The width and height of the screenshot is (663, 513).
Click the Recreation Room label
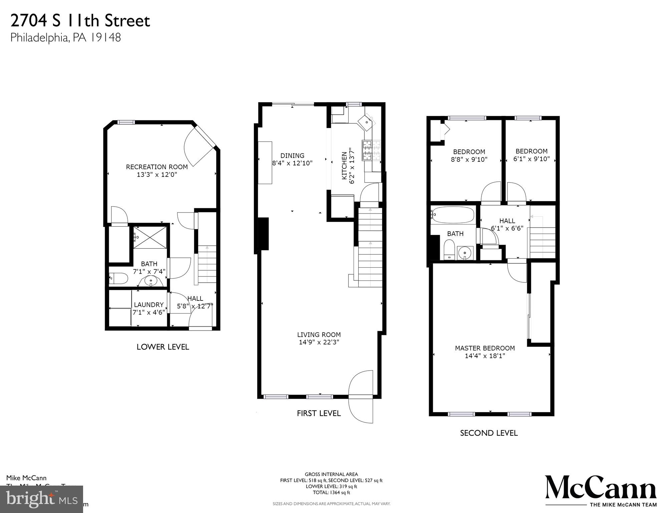[156, 167]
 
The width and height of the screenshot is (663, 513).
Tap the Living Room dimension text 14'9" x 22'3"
[319, 342]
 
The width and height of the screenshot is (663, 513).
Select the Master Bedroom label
[484, 348]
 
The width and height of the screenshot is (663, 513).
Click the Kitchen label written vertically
[344, 166]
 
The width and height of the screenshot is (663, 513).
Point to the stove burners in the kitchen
[371, 149]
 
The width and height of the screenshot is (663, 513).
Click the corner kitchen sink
[366, 121]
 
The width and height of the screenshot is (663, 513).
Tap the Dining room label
[292, 155]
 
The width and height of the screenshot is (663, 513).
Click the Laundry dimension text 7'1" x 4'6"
[148, 312]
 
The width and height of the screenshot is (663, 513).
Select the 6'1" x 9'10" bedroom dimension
[531, 159]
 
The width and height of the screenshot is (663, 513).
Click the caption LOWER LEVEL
[163, 347]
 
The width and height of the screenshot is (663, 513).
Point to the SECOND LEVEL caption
[488, 433]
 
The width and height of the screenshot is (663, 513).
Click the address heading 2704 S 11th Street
[80, 21]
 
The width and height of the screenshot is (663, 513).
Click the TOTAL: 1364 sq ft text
[331, 492]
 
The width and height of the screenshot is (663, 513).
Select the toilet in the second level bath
[449, 251]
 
